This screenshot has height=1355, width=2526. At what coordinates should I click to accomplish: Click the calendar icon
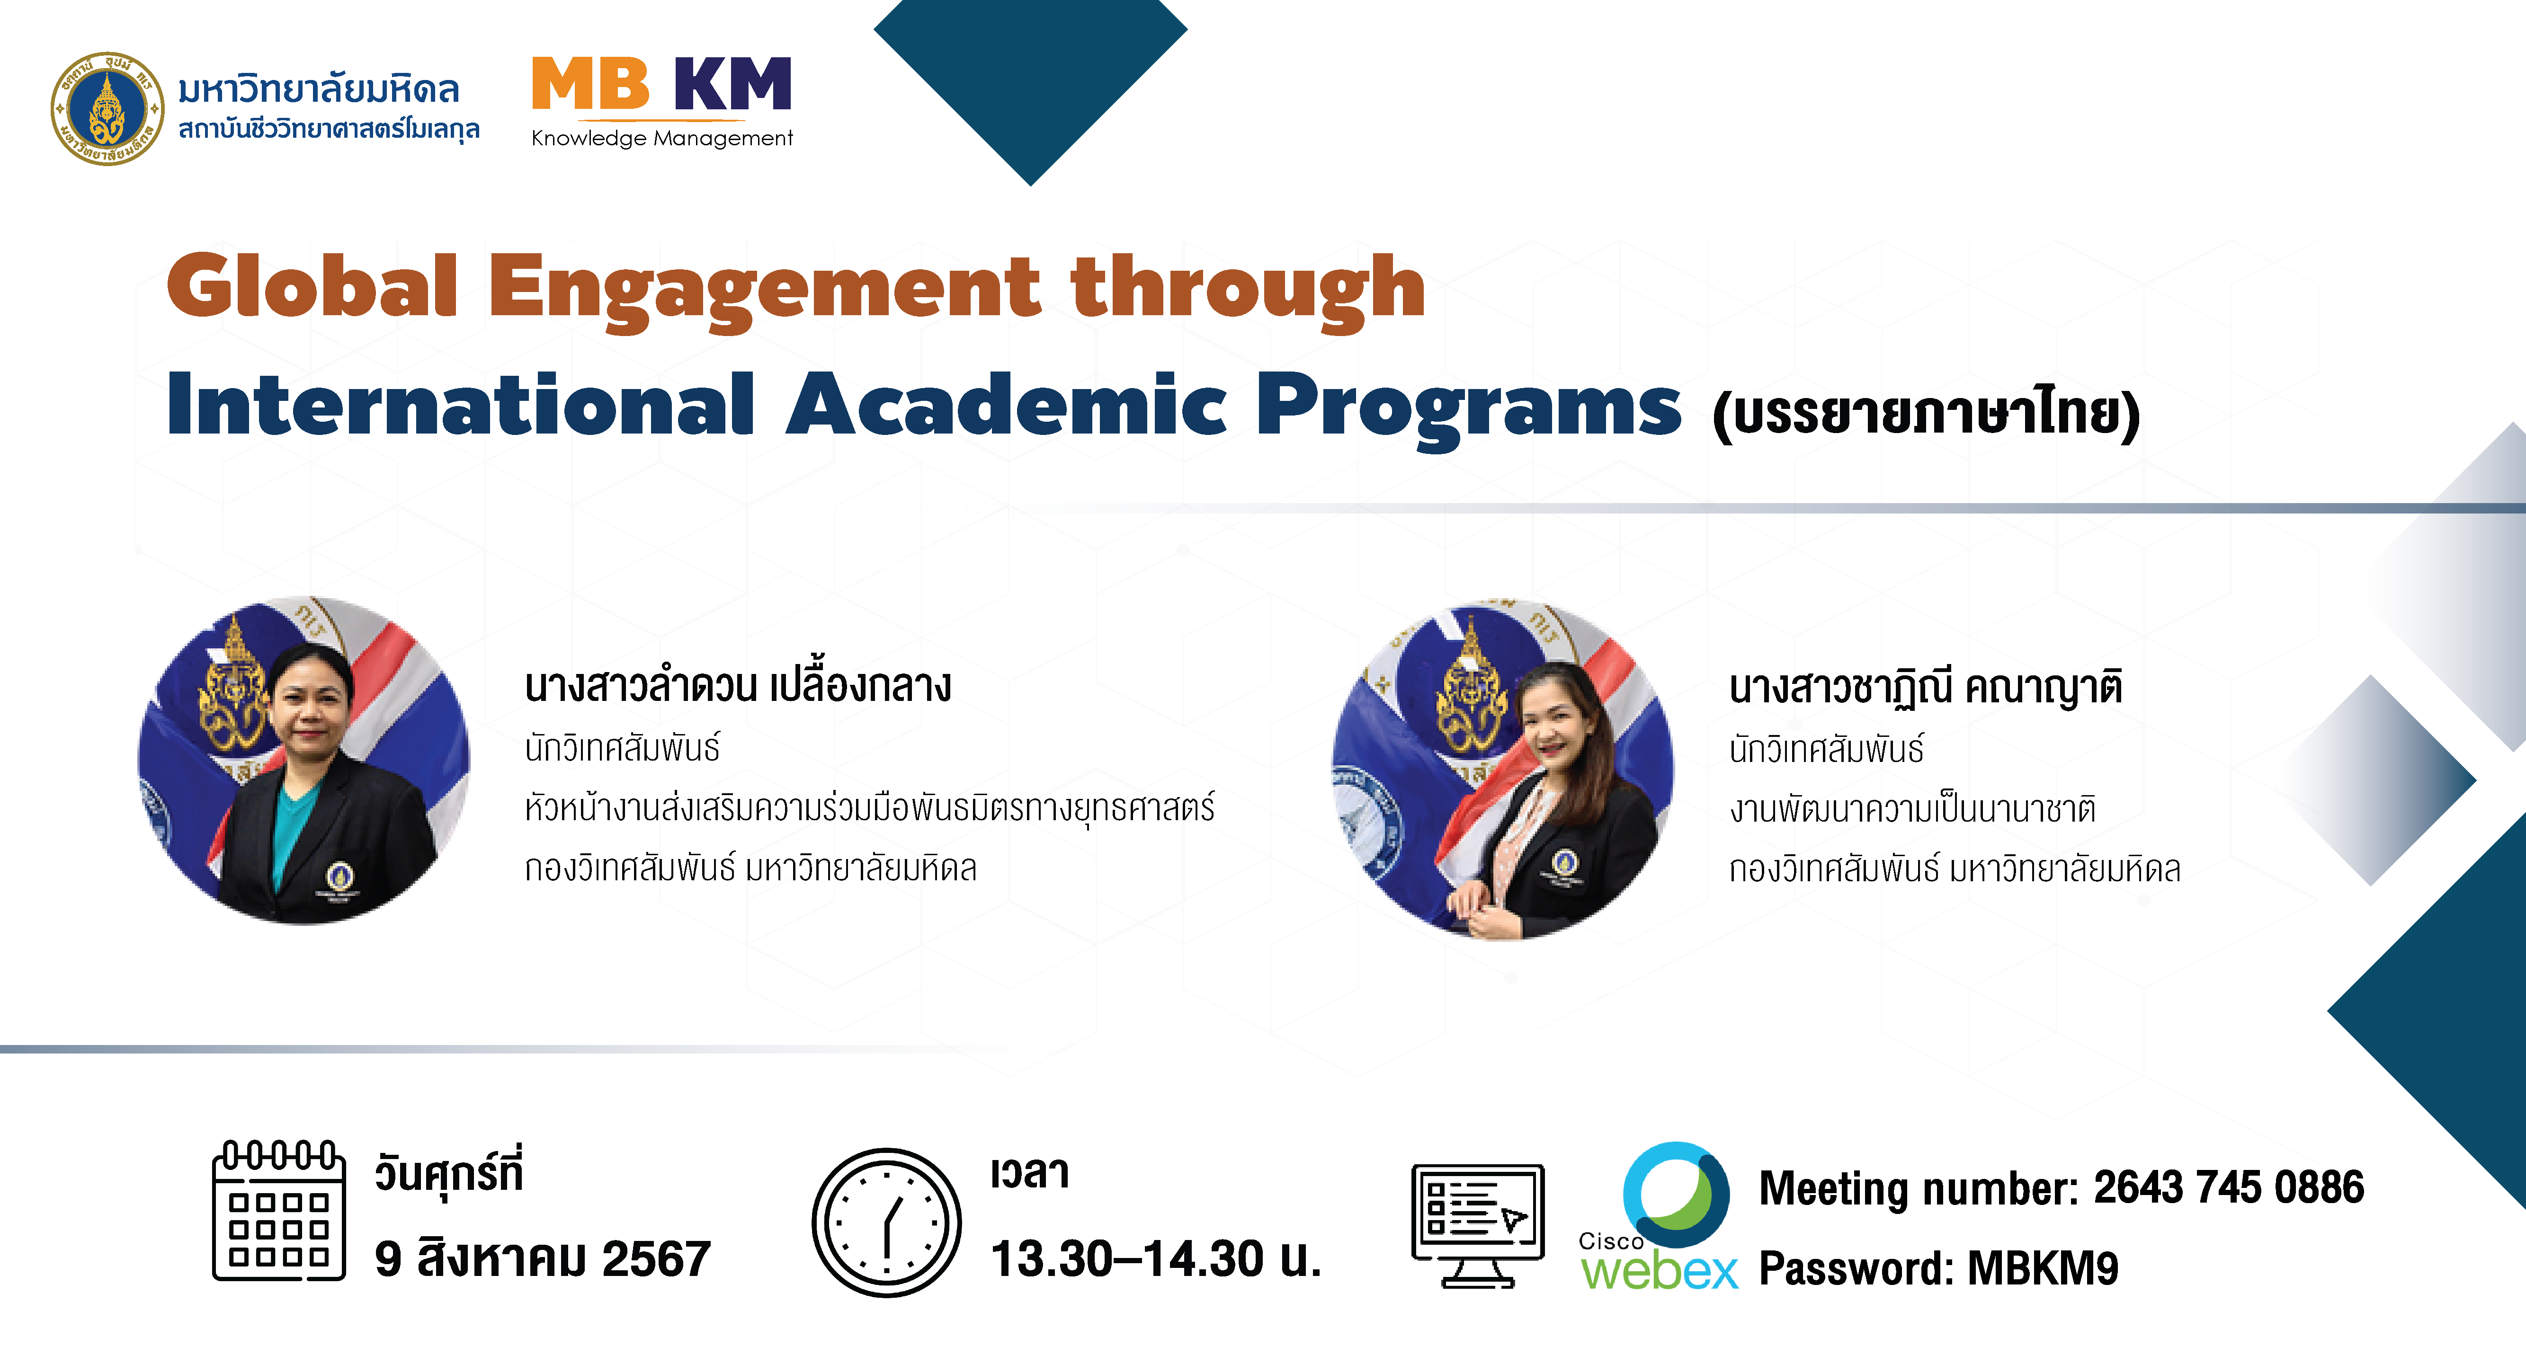[x=279, y=1212]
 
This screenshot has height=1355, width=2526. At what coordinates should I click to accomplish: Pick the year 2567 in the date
[x=656, y=1259]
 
